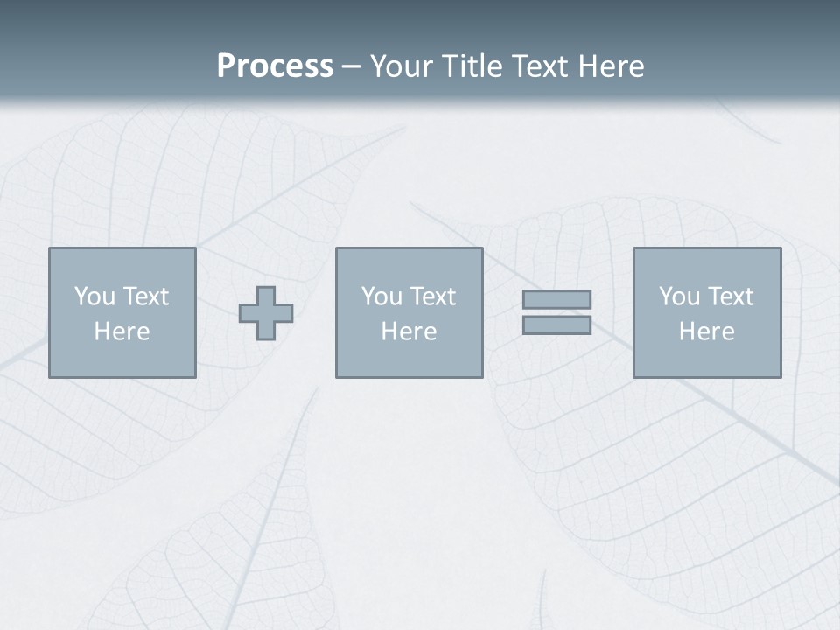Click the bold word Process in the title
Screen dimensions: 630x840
point(275,66)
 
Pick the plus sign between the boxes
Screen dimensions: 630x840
point(266,313)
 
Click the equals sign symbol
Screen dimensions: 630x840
point(556,312)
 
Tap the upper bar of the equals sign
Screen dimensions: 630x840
point(556,299)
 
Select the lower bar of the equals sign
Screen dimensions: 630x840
point(556,325)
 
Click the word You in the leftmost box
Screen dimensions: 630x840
point(94,297)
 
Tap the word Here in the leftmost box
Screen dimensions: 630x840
point(122,332)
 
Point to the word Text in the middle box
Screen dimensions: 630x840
point(432,297)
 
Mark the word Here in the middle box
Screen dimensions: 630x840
point(409,332)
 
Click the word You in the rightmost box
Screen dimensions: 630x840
point(678,297)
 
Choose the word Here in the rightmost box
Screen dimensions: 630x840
point(707,332)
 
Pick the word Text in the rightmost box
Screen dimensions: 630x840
point(730,297)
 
